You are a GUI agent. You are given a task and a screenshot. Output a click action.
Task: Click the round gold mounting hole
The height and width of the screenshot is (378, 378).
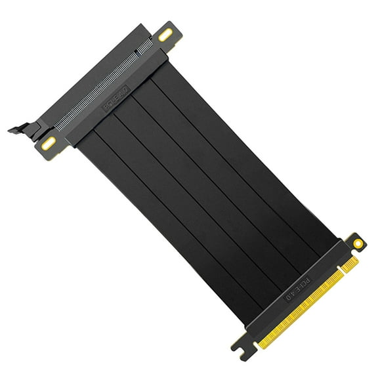357,243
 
